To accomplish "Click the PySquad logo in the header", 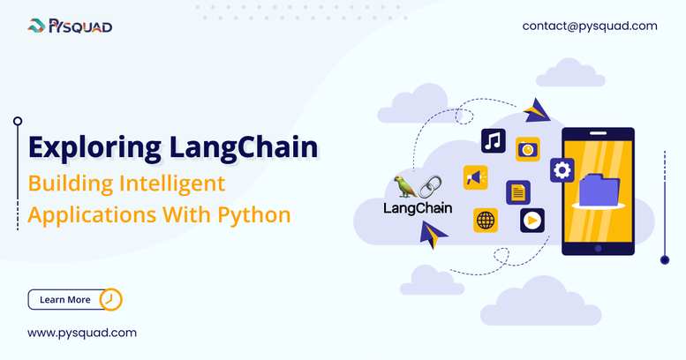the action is pyautogui.click(x=70, y=26).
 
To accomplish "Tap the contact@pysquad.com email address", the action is pyautogui.click(x=590, y=26).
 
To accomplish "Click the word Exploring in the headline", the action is pyautogui.click(x=95, y=148).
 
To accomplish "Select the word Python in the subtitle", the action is pyautogui.click(x=254, y=215).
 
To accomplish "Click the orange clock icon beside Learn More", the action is pyautogui.click(x=110, y=300).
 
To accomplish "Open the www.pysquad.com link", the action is pyautogui.click(x=82, y=333).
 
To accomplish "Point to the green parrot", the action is pyautogui.click(x=404, y=187).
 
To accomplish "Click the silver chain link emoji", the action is pyautogui.click(x=430, y=187).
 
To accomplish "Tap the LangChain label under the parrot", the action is pyautogui.click(x=418, y=207).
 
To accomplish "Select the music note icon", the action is pyautogui.click(x=493, y=141).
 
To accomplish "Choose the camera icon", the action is pyautogui.click(x=528, y=150).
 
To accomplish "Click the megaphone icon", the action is pyautogui.click(x=476, y=177).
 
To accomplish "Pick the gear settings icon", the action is pyautogui.click(x=562, y=170).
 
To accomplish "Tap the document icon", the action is pyautogui.click(x=518, y=192).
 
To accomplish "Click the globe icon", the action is pyautogui.click(x=486, y=220).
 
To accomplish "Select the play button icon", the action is pyautogui.click(x=532, y=221).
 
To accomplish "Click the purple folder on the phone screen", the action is pyautogui.click(x=599, y=191).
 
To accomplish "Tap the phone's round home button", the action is pyautogui.click(x=598, y=249).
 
